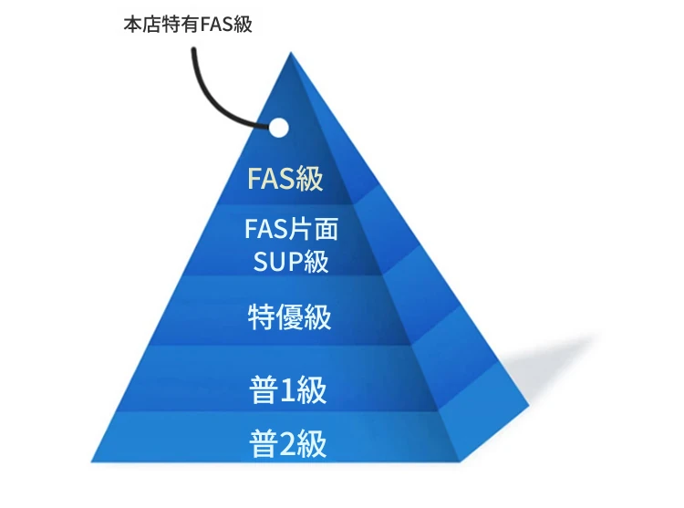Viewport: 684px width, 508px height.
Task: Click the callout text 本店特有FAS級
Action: pyautogui.click(x=188, y=24)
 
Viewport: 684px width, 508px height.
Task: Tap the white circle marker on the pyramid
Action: pyautogui.click(x=278, y=129)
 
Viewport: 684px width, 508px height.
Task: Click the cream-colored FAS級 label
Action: pyautogui.click(x=285, y=179)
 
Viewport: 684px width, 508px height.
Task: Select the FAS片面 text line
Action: pyautogui.click(x=291, y=229)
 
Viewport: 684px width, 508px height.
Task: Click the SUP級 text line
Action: pyautogui.click(x=291, y=262)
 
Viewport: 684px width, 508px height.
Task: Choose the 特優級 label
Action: pyautogui.click(x=290, y=317)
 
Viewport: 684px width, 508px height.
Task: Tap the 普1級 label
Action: pyautogui.click(x=288, y=389)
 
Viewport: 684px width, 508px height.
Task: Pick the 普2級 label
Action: pyautogui.click(x=288, y=444)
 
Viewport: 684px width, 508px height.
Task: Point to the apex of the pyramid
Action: pyautogui.click(x=291, y=52)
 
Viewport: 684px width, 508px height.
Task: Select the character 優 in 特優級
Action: pyautogui.click(x=290, y=317)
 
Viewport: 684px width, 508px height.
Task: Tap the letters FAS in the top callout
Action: pyautogui.click(x=217, y=25)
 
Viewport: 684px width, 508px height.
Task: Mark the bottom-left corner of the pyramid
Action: pyautogui.click(x=91, y=461)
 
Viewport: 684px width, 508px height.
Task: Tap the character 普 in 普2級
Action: pyautogui.click(x=264, y=444)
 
